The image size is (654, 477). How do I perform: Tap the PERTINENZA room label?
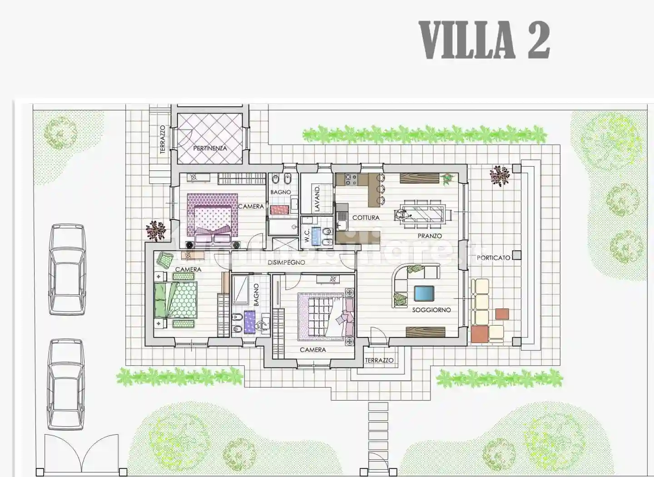[210, 148]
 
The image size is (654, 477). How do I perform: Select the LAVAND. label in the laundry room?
[317, 198]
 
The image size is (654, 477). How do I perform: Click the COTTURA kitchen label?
[366, 218]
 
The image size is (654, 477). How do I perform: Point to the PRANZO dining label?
[429, 236]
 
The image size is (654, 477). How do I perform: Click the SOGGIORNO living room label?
[431, 310]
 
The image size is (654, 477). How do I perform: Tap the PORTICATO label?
[493, 258]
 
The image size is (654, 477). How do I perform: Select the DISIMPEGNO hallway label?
[286, 263]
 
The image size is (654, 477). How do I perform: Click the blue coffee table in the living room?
[424, 293]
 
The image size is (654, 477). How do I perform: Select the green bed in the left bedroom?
[176, 299]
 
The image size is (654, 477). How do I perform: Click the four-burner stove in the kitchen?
[352, 179]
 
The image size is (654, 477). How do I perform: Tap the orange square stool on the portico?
[502, 313]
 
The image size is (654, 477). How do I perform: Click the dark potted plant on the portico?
[500, 175]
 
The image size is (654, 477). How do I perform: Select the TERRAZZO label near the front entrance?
[379, 360]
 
